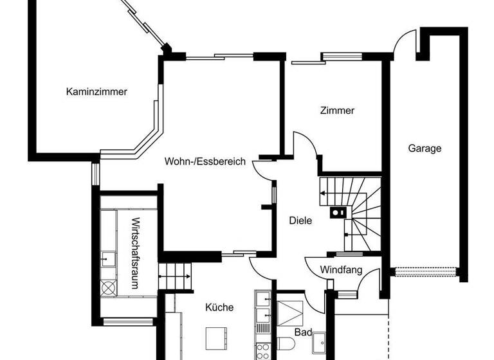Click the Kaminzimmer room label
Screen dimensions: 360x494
pos(96,92)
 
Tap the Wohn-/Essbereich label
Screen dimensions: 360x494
pos(205,162)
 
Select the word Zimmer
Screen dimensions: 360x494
pos(337,111)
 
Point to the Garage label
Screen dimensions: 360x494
pos(425,148)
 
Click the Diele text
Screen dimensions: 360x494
pos(300,221)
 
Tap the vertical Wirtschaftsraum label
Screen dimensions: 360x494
pos(135,254)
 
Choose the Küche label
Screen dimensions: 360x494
pos(219,307)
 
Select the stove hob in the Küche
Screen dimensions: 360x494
pos(262,351)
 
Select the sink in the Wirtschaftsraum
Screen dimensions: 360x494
pos(107,260)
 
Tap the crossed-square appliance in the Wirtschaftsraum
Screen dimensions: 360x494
pos(107,287)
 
